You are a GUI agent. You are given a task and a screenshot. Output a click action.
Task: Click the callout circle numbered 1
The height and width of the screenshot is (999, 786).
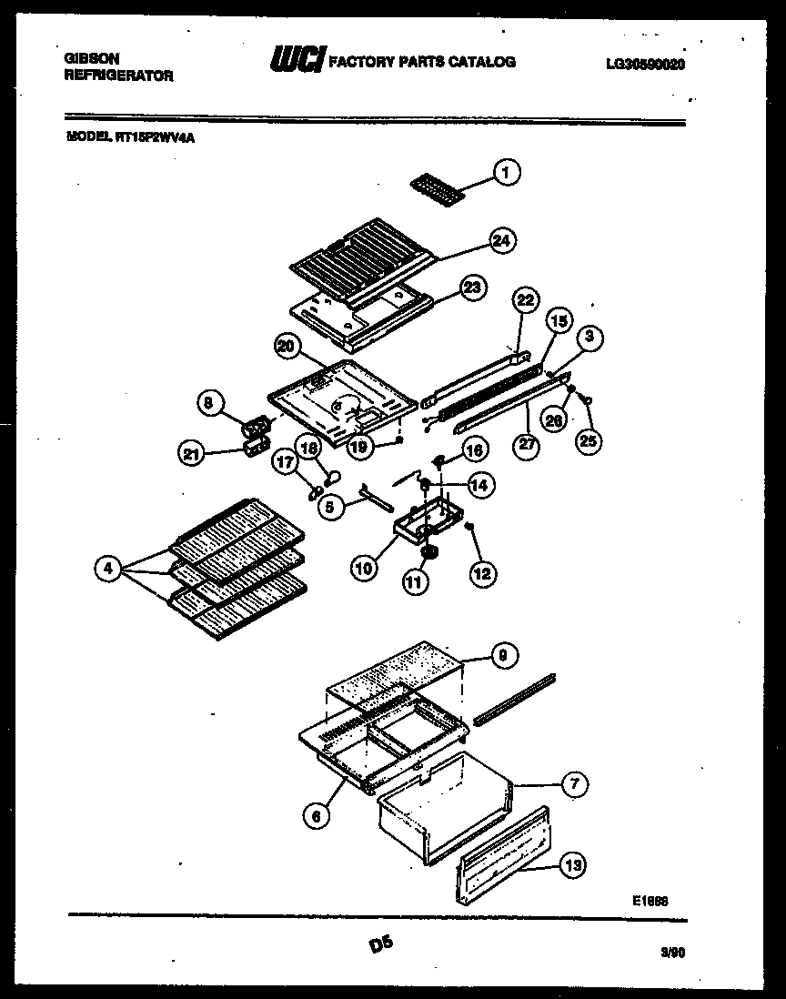(508, 171)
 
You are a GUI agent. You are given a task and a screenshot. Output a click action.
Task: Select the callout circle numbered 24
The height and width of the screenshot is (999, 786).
(501, 240)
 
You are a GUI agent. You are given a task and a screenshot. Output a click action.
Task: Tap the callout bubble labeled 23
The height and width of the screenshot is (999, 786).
(470, 288)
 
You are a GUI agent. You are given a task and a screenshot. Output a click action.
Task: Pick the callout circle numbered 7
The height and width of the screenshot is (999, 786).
(574, 784)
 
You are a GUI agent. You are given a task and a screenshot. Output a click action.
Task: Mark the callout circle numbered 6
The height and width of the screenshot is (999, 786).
(316, 817)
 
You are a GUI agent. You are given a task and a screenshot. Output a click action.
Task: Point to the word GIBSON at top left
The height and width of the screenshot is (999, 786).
(89, 55)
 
